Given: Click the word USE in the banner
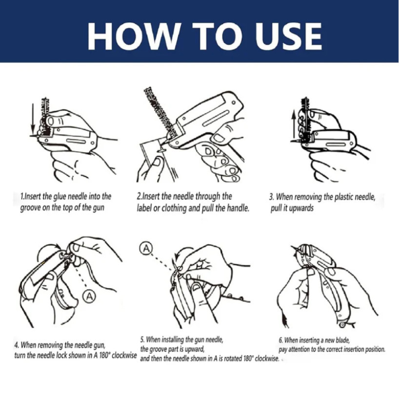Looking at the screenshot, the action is [x=288, y=36].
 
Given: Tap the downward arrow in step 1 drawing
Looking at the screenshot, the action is [x=32, y=119].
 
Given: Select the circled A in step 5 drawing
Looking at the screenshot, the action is [x=146, y=248].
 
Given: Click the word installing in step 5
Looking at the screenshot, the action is [x=173, y=339].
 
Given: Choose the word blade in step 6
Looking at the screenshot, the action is [x=343, y=340].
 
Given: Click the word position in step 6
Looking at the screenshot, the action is [x=375, y=349].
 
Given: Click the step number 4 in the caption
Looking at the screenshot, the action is [x=16, y=345].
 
